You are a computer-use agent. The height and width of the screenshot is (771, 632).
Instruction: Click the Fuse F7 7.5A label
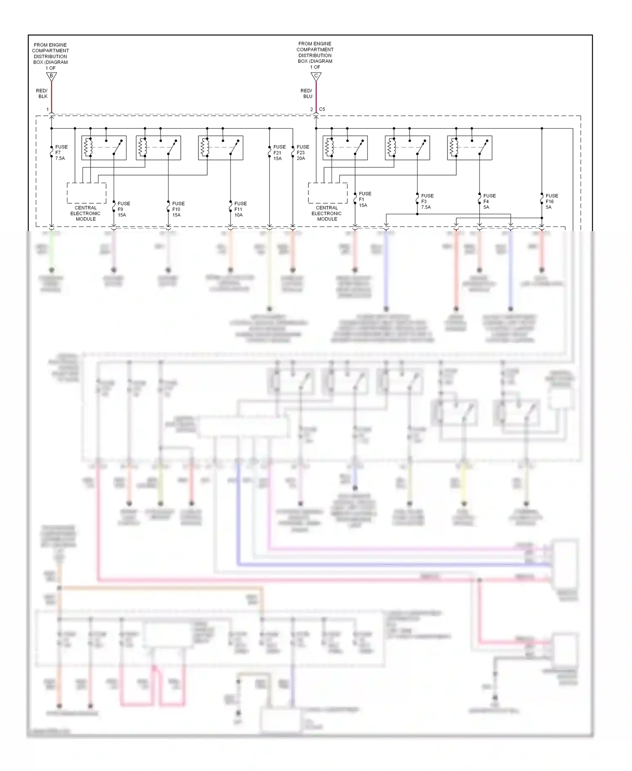(61, 153)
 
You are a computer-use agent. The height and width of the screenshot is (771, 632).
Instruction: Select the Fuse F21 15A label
(279, 153)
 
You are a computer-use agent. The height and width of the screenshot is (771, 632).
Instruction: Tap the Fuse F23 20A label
(303, 153)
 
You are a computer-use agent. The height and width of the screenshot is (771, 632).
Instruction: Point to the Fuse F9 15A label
(123, 209)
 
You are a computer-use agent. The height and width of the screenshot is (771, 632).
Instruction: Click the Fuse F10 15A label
(178, 209)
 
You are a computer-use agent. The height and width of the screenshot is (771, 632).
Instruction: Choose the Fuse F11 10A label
(240, 209)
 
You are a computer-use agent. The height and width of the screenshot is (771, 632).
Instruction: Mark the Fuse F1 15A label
(365, 199)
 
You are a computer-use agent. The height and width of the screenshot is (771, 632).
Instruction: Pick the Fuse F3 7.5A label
(427, 202)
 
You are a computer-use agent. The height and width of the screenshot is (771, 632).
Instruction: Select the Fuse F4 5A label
(489, 202)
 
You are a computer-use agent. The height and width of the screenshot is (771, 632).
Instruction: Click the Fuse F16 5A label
(552, 202)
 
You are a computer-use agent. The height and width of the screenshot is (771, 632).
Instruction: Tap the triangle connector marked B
(51, 77)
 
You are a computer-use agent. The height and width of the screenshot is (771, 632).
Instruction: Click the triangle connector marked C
(316, 77)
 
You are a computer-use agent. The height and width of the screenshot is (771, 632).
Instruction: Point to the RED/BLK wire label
(42, 94)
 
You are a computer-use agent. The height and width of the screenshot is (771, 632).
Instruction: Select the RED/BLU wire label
(306, 94)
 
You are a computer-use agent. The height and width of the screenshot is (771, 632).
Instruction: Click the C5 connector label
(322, 109)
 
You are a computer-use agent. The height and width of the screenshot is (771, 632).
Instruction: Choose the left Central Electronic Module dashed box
(86, 193)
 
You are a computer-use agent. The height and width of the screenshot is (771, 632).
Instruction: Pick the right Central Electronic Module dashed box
(327, 193)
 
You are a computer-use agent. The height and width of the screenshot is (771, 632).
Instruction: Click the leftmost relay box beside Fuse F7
(104, 148)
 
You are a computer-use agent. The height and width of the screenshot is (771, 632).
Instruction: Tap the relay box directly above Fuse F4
(469, 148)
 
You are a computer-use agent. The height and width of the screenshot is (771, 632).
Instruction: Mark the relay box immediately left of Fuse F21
(220, 148)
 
